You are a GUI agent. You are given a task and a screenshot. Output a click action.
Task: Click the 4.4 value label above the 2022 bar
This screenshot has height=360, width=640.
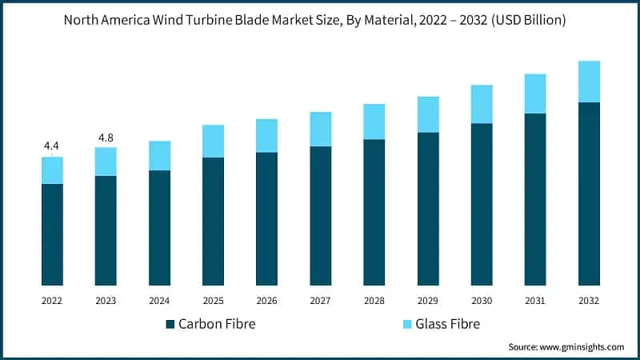(x=52, y=146)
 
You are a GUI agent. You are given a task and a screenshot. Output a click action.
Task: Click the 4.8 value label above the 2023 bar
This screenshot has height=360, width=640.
(x=106, y=138)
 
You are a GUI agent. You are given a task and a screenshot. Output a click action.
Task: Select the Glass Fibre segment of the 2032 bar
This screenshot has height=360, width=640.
(x=589, y=82)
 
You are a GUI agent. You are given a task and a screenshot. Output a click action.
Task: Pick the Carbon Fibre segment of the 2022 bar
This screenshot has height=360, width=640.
(x=52, y=234)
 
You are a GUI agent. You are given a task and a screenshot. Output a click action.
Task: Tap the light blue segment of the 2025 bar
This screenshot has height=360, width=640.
(x=213, y=141)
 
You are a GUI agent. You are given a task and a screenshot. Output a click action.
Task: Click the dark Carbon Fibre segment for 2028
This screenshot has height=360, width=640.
(x=374, y=212)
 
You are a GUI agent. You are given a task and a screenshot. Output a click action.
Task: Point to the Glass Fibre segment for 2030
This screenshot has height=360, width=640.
(x=482, y=104)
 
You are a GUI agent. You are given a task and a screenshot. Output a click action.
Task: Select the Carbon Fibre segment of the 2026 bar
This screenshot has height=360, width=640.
(x=266, y=218)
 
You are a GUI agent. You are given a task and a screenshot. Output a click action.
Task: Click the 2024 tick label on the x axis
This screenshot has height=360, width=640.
(x=159, y=301)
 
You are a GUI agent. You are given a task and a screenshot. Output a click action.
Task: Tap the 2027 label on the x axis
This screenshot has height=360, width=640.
(x=320, y=301)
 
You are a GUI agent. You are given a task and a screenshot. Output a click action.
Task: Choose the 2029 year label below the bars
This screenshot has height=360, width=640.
(x=428, y=301)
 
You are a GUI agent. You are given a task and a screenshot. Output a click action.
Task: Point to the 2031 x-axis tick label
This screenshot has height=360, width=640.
(x=535, y=301)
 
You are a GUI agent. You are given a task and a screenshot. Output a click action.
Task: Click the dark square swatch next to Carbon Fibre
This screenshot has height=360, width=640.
(x=170, y=324)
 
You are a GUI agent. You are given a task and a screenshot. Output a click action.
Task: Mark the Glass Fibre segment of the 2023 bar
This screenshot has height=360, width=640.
(x=106, y=162)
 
